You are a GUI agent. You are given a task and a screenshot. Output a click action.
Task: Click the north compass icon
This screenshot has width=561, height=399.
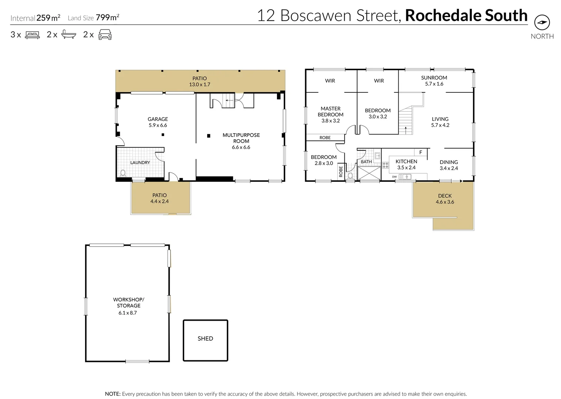(x=542, y=23)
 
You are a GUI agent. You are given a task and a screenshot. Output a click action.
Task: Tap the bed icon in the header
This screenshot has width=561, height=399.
(x=32, y=35)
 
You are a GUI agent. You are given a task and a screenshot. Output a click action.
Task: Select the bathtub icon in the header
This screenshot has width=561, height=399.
(x=68, y=35)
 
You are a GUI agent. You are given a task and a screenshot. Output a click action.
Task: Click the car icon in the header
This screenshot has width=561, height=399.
(x=105, y=35)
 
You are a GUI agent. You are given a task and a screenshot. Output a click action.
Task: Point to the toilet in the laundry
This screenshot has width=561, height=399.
(x=123, y=173)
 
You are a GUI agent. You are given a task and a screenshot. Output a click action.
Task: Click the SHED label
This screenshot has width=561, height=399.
(x=205, y=338)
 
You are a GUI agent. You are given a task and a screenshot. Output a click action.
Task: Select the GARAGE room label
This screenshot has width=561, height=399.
(x=158, y=119)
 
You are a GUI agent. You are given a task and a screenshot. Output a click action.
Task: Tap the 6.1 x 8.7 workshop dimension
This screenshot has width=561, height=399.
(x=128, y=313)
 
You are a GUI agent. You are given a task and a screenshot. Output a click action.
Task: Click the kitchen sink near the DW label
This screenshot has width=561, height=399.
(x=405, y=177)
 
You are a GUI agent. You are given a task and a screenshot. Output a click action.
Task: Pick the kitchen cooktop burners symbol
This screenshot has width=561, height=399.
(x=385, y=165)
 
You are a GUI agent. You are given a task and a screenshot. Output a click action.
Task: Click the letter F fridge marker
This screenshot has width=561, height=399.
(x=420, y=152)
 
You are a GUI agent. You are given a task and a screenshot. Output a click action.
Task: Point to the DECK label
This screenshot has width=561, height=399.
(x=445, y=196)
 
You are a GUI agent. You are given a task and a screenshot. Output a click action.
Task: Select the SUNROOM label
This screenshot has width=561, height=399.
(x=434, y=78)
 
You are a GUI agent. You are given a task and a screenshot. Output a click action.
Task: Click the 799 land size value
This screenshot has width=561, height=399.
(x=103, y=18)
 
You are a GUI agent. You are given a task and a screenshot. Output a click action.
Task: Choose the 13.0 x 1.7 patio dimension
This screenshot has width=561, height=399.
(x=199, y=85)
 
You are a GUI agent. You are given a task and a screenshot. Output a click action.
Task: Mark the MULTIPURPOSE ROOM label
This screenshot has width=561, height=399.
(x=241, y=138)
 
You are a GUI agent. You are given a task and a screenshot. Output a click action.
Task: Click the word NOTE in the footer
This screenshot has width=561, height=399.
(x=112, y=394)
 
